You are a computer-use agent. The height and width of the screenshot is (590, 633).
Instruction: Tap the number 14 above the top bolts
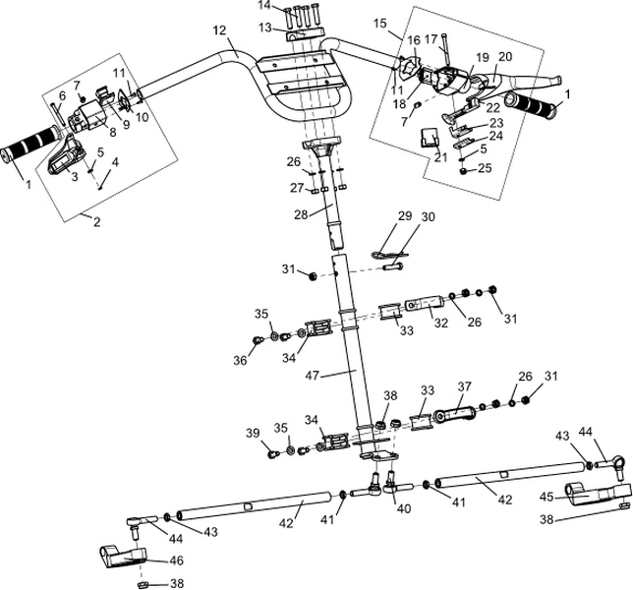click(263, 6)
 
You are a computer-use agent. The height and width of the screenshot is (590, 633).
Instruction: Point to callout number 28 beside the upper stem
click(301, 212)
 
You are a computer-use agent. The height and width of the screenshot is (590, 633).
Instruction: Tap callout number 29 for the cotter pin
click(403, 214)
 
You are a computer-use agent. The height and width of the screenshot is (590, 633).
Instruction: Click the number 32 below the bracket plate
click(440, 323)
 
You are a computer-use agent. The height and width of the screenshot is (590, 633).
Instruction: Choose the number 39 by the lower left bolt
click(253, 433)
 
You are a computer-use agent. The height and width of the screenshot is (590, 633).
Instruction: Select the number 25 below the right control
click(484, 169)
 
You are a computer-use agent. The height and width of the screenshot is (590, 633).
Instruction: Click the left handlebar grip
click(29, 149)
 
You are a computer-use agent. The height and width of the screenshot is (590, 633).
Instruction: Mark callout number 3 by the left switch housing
click(73, 176)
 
